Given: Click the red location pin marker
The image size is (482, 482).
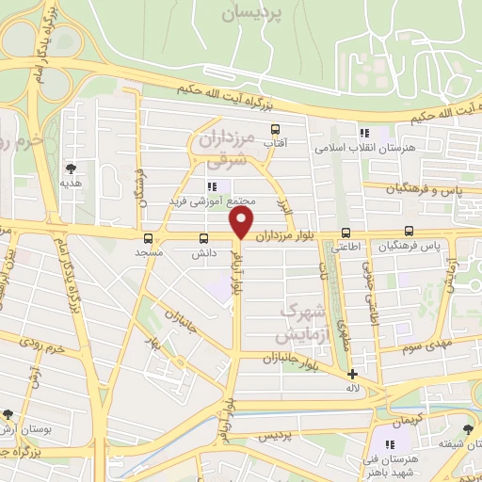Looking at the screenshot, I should pyautogui.click(x=243, y=221).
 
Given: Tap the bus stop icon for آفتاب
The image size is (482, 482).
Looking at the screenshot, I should pyautogui.click(x=275, y=129).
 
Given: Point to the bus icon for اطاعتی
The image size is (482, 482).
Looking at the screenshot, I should pyautogui.click(x=345, y=233).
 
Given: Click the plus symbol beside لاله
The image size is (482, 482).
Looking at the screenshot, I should pyautogui.click(x=351, y=374).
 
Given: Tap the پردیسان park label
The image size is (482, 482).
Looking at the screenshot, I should pyautogui.click(x=252, y=14).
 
